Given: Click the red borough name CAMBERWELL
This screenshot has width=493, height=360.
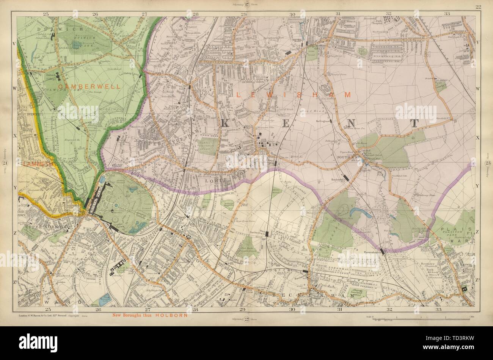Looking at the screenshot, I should [x=93, y=86].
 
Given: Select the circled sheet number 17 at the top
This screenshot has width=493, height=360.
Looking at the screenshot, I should [x=246, y=5].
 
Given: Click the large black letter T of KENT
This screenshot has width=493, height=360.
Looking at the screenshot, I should [x=414, y=124].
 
